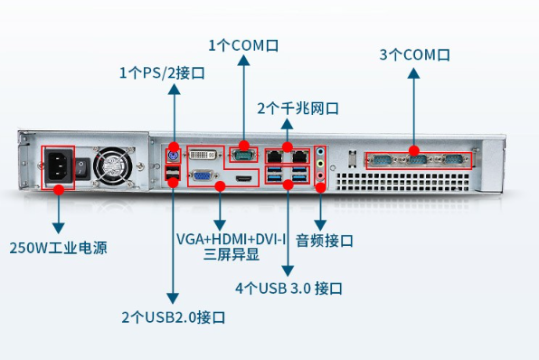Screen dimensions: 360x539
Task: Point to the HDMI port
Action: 242,181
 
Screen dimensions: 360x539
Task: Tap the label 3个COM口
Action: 414,55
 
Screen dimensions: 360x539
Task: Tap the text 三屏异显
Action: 232,255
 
